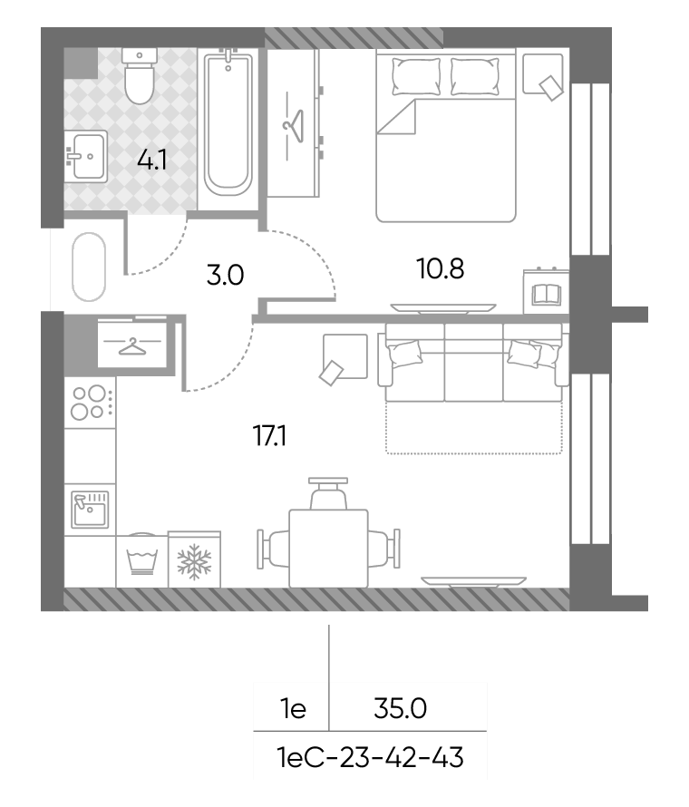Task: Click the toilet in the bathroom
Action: click(140, 76)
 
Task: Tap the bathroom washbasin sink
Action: click(86, 156)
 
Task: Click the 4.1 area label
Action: click(152, 160)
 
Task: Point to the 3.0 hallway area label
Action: click(225, 275)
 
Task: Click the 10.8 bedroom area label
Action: click(441, 268)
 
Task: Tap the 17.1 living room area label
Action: click(269, 436)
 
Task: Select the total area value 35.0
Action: click(400, 708)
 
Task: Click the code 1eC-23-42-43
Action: click(370, 758)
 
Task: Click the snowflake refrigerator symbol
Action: click(195, 561)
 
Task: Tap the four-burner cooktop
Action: click(90, 403)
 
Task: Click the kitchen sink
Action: click(90, 510)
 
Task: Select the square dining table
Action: click(328, 549)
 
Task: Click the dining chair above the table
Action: click(328, 493)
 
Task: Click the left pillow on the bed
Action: click(416, 77)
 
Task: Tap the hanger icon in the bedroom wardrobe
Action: click(294, 125)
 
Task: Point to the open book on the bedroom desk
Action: click(546, 295)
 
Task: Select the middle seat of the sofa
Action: click(473, 363)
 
